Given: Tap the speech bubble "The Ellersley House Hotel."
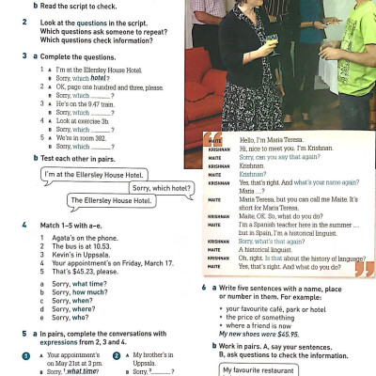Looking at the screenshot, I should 112,200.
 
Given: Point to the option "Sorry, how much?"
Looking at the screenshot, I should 80,292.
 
